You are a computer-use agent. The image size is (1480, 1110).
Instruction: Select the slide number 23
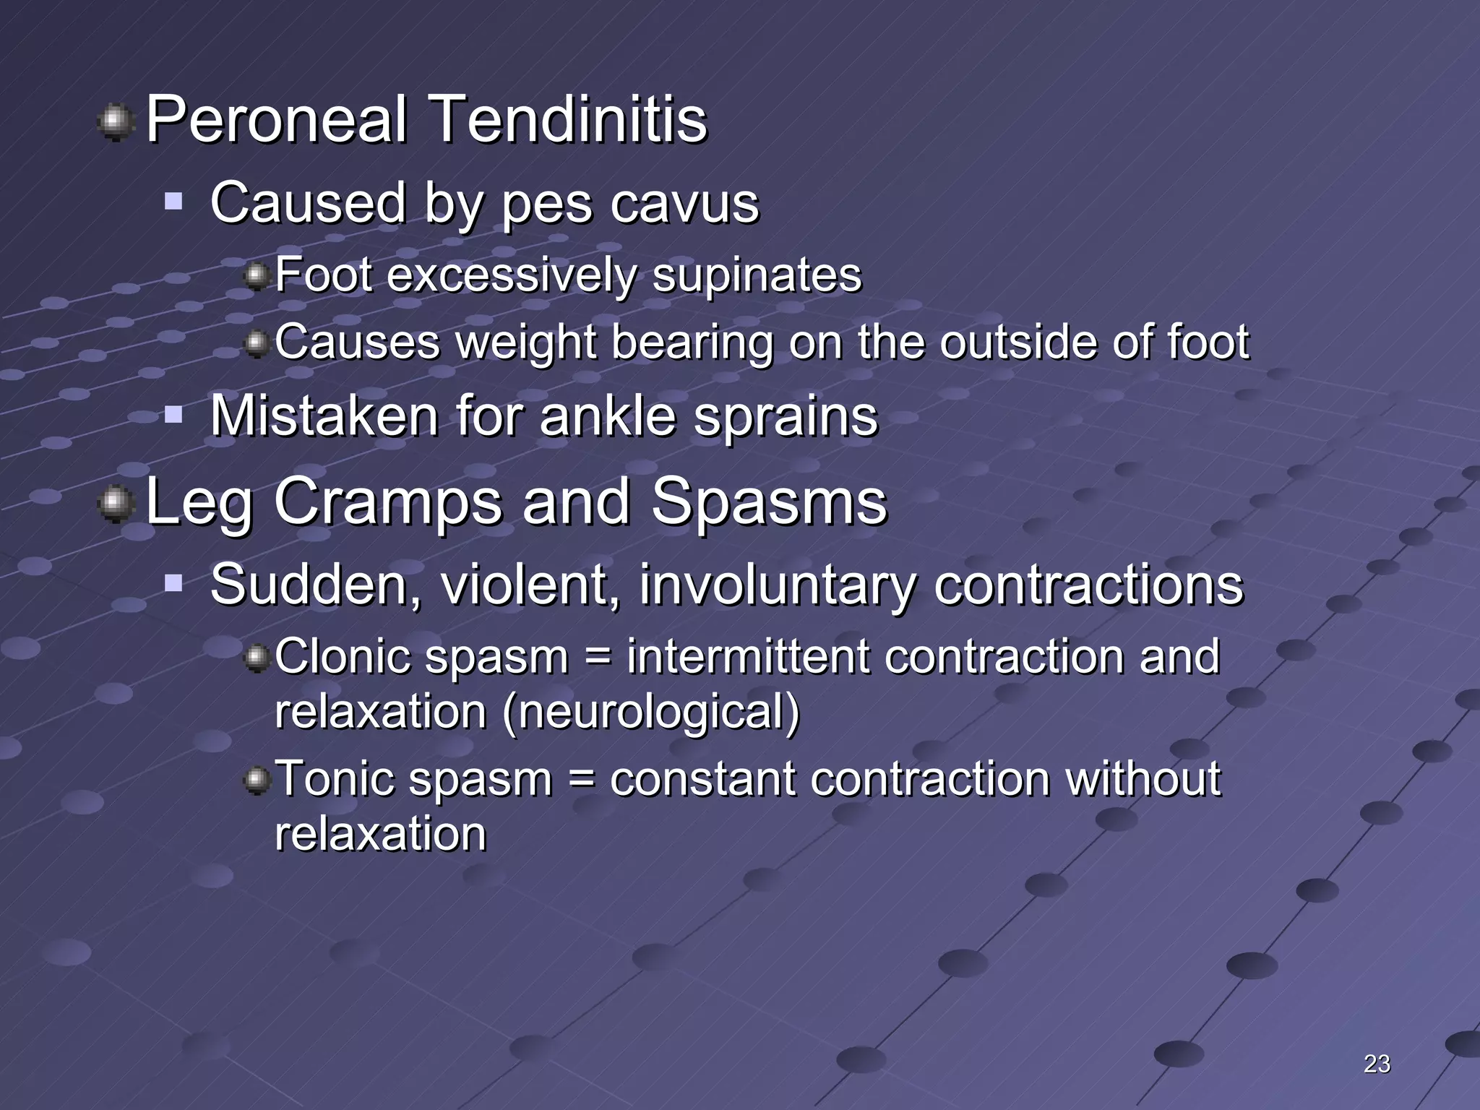coord(1377,1064)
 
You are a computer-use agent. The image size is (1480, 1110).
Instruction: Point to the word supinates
coord(757,275)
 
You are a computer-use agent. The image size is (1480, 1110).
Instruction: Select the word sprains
coord(786,417)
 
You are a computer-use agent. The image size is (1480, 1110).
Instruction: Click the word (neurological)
coord(650,713)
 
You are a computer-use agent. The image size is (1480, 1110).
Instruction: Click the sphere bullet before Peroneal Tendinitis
coord(116,122)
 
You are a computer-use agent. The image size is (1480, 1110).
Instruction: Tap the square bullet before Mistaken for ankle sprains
coord(173,415)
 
